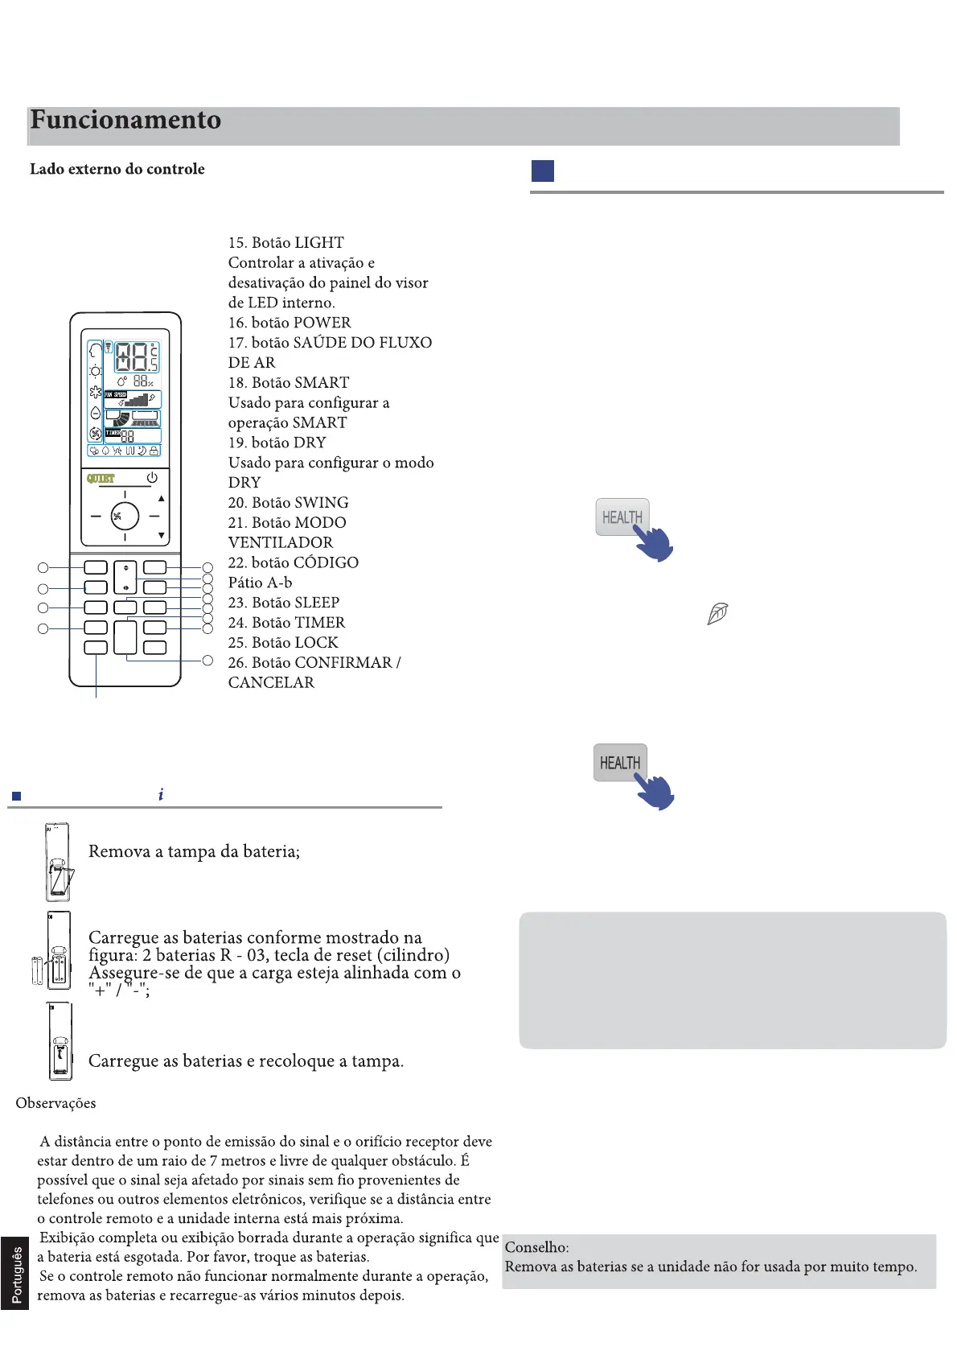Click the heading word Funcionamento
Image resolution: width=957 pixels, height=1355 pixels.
(x=125, y=120)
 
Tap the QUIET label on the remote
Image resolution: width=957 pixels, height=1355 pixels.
(x=101, y=478)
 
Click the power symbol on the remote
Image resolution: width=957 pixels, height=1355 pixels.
(x=152, y=478)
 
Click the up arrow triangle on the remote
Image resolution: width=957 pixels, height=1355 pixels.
(x=162, y=499)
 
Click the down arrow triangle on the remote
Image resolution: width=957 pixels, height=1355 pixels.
(x=162, y=535)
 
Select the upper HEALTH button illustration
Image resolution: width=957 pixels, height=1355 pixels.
(x=622, y=517)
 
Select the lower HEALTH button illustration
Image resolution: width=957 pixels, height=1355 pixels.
(x=620, y=762)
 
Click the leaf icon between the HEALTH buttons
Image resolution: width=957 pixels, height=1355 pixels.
(x=717, y=614)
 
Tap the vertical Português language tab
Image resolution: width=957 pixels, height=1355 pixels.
(x=16, y=1275)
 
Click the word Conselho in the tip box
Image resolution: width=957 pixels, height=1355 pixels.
(x=536, y=1247)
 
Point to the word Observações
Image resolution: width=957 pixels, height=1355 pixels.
(x=55, y=1103)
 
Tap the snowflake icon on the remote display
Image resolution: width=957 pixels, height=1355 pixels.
(x=96, y=392)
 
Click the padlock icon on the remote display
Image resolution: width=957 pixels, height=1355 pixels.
(x=154, y=451)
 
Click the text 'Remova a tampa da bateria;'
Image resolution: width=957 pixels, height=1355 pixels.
(x=194, y=851)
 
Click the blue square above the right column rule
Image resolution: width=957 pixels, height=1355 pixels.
(x=543, y=171)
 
